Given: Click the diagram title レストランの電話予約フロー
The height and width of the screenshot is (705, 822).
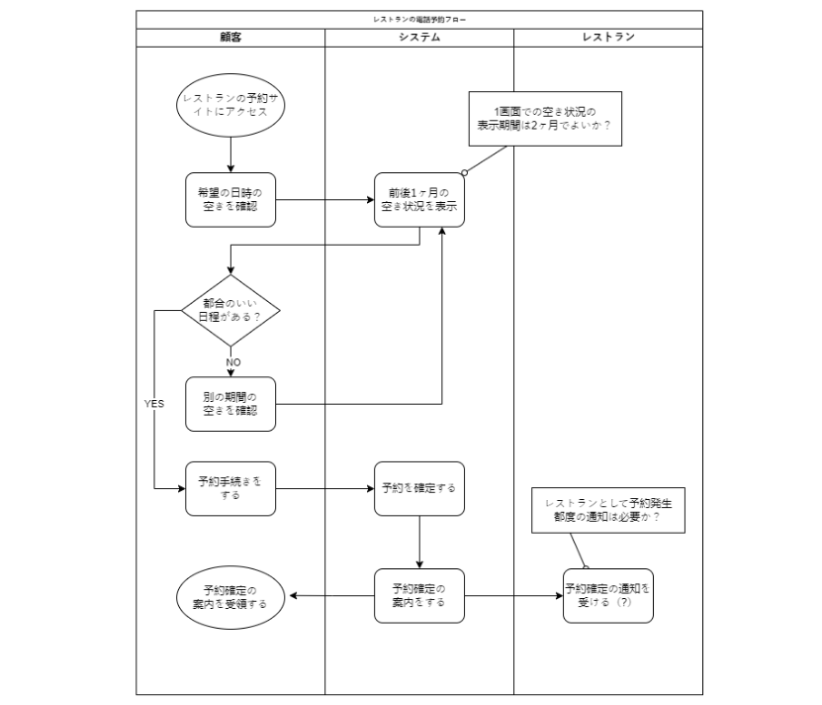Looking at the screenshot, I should [x=419, y=19].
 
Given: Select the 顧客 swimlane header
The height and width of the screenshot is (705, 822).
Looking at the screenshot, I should [x=230, y=38].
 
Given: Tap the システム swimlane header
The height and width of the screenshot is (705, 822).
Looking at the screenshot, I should [x=419, y=38].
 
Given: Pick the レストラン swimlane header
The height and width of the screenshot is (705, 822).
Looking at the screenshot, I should [x=608, y=38].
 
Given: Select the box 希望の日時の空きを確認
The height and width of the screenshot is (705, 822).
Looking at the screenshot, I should [x=230, y=200].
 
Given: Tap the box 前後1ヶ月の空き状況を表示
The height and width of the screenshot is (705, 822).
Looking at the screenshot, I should [x=419, y=200].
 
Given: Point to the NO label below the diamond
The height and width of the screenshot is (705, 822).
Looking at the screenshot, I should [x=233, y=361].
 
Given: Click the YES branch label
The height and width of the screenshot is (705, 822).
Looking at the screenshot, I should [x=154, y=404].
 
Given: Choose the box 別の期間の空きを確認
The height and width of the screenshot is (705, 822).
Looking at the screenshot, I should [x=230, y=403].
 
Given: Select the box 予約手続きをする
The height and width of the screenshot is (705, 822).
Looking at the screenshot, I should [x=230, y=488].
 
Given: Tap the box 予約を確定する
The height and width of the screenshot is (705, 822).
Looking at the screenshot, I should [x=419, y=488].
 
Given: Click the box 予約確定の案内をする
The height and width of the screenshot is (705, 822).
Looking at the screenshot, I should [x=419, y=595].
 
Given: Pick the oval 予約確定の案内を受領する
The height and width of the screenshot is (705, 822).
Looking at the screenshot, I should [x=230, y=596].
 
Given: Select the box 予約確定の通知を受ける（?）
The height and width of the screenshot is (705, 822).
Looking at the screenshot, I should [x=608, y=595].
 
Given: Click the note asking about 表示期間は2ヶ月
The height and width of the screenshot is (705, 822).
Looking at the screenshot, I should [x=545, y=118].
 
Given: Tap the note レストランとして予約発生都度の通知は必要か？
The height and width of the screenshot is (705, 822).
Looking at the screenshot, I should [x=608, y=510].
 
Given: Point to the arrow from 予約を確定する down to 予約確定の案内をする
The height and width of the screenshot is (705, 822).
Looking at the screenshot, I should [x=419, y=542].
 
